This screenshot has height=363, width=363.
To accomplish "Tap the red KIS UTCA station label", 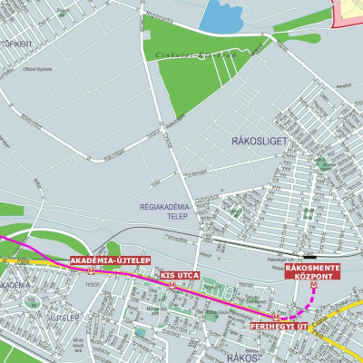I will point(179,274).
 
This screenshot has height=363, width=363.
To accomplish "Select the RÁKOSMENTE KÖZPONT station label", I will point(313,271).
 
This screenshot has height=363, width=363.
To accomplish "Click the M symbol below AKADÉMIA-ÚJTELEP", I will point(91,270).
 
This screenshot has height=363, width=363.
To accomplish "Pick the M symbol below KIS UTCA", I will point(172,284).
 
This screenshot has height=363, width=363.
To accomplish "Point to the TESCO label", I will point(90,283).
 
